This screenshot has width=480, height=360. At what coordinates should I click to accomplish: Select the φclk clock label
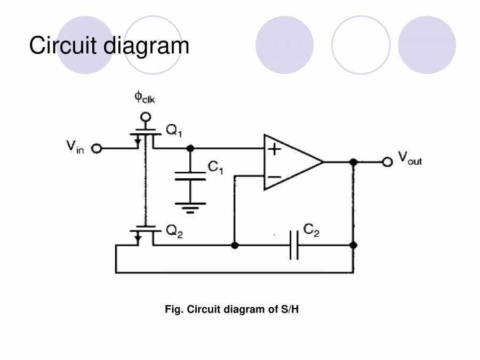145,98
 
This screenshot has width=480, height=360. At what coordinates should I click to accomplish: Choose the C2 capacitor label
311,231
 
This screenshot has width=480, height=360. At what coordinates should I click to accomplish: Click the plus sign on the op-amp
274,148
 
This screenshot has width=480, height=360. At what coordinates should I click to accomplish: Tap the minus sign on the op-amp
274,177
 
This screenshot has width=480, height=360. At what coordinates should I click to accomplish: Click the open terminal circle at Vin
97,148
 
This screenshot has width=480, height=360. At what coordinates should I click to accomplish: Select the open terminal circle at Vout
387,162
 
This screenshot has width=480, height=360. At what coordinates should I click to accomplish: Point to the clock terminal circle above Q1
145,117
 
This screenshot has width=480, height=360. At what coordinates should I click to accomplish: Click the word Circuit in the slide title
63,46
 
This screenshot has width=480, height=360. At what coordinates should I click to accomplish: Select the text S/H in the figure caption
290,309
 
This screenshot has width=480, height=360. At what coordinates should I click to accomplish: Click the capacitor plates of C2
294,245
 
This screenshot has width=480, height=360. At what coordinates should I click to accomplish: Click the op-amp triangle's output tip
323,162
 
